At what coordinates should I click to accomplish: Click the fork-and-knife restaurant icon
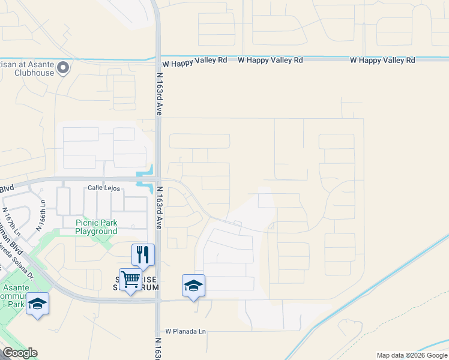click(x=143, y=254)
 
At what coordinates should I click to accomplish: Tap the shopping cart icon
click(x=130, y=279)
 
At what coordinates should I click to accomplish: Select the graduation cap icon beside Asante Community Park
click(x=37, y=304)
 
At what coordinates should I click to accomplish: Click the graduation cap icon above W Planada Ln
click(x=193, y=286)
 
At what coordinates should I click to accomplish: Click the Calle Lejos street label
click(x=104, y=188)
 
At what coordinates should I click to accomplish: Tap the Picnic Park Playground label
click(x=96, y=227)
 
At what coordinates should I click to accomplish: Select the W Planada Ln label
click(x=185, y=331)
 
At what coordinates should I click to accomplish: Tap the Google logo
click(x=19, y=353)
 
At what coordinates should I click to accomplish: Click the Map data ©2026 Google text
click(x=411, y=355)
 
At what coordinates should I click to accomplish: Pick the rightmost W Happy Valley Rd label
click(x=382, y=60)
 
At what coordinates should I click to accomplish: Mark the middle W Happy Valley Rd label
click(x=270, y=60)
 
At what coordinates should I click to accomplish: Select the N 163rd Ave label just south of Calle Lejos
click(x=160, y=206)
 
